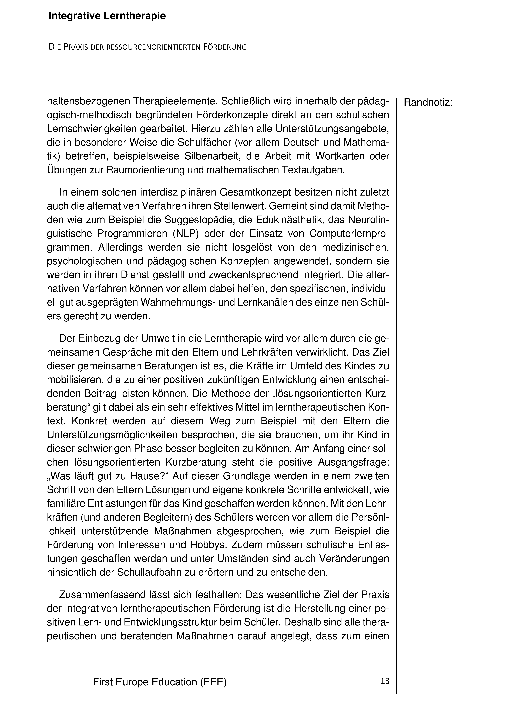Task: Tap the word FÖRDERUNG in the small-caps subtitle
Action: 225,47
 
